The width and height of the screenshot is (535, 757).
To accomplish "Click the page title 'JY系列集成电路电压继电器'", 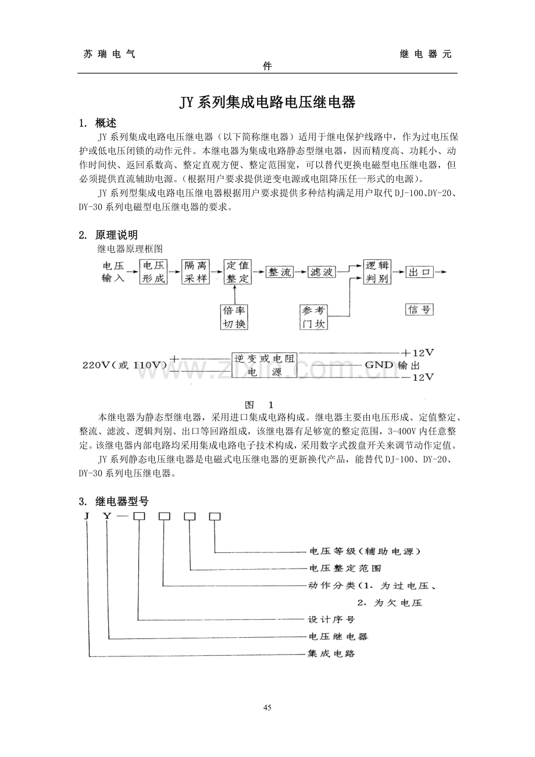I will (267, 103).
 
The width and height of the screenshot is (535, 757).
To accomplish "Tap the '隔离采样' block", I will (195, 272).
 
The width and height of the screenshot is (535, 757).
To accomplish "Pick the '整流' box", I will (280, 272).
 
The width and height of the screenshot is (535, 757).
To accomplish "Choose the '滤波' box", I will (322, 272).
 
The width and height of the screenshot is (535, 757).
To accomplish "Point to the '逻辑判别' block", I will (377, 272).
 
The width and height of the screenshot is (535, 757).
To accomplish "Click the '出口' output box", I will (420, 272).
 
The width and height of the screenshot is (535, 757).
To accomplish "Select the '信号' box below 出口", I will (419, 309).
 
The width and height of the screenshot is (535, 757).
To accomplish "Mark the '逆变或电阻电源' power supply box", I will (265, 365).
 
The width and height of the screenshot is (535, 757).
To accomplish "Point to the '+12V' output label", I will (418, 353).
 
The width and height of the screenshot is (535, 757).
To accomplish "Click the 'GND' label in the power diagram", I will (379, 365).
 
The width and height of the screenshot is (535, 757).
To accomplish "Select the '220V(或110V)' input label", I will (124, 365).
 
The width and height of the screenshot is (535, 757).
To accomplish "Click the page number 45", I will (267, 708).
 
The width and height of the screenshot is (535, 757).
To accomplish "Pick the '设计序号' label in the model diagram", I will (331, 620).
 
